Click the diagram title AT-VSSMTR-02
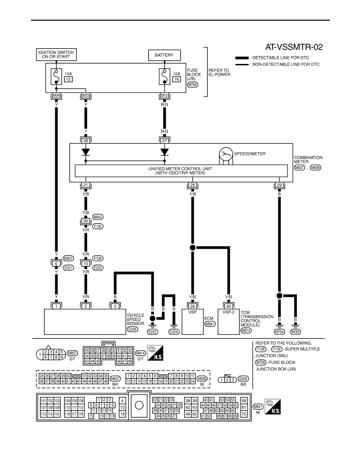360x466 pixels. click(294, 47)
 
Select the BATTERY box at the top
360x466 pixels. click(164, 55)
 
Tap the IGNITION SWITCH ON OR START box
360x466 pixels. click(56, 55)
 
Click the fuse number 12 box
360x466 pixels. click(68, 79)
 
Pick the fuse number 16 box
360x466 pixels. click(176, 79)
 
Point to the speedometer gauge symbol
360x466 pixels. click(226, 154)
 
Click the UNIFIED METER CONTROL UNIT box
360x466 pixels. click(181, 171)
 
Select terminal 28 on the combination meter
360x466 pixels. click(85, 140)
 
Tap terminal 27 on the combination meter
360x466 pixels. click(164, 140)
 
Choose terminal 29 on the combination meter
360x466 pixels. click(279, 185)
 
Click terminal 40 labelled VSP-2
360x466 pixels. click(228, 306)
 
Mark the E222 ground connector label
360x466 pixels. click(153, 332)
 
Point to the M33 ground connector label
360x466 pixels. click(295, 332)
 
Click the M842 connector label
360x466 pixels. click(98, 217)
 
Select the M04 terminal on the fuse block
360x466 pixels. click(56, 96)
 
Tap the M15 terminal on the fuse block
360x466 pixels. click(164, 96)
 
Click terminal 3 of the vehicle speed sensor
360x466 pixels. click(115, 306)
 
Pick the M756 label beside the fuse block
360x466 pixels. click(193, 85)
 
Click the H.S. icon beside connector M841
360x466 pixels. click(273, 407)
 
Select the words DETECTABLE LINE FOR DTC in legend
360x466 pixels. click(280, 58)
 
